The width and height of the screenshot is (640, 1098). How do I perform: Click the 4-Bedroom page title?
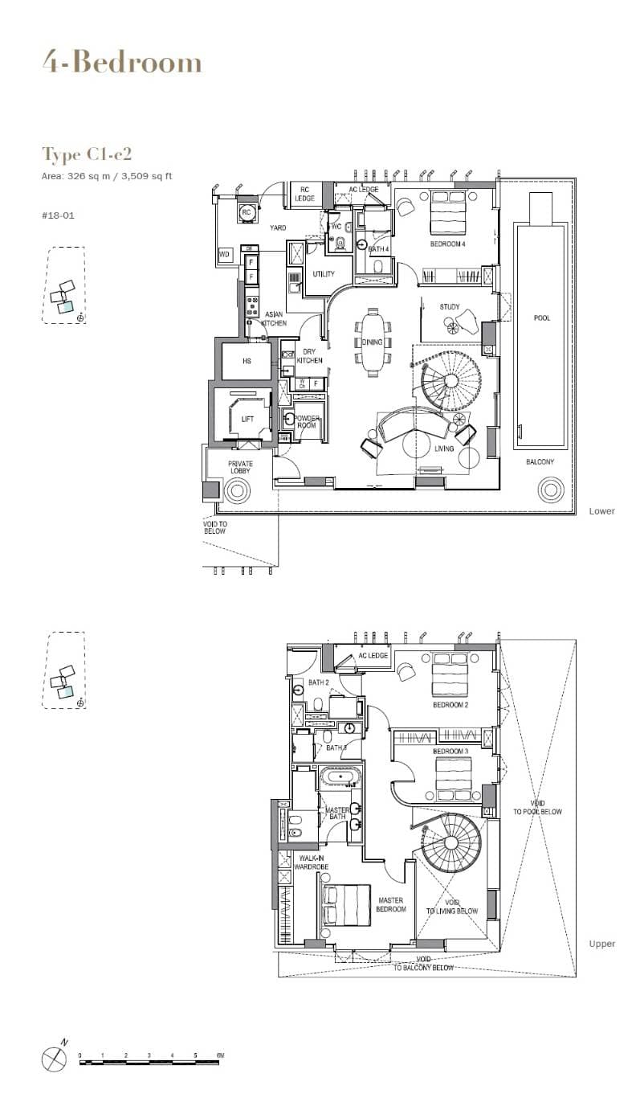click(122, 62)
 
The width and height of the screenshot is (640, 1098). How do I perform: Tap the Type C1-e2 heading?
click(86, 154)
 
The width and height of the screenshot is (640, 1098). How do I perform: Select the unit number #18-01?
click(55, 215)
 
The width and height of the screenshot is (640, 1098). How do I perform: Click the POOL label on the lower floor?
click(542, 318)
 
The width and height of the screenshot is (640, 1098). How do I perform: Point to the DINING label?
click(373, 342)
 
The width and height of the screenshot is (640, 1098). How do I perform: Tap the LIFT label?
click(247, 419)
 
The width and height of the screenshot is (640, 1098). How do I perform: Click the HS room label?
click(247, 361)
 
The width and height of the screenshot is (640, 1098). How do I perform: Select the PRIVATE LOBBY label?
click(240, 467)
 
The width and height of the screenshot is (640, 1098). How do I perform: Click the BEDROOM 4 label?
click(447, 244)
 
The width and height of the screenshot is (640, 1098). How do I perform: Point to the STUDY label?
click(450, 307)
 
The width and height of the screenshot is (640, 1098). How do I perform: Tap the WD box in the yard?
click(222, 254)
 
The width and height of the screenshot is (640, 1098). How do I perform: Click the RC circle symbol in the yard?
click(246, 212)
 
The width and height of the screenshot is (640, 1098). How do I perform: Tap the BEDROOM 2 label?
click(450, 705)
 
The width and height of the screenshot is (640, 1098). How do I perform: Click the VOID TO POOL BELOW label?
click(537, 808)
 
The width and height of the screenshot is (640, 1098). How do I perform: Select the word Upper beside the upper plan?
click(601, 944)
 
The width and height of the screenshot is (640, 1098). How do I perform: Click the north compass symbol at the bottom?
click(53, 1058)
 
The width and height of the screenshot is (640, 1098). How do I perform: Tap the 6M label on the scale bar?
click(219, 1055)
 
